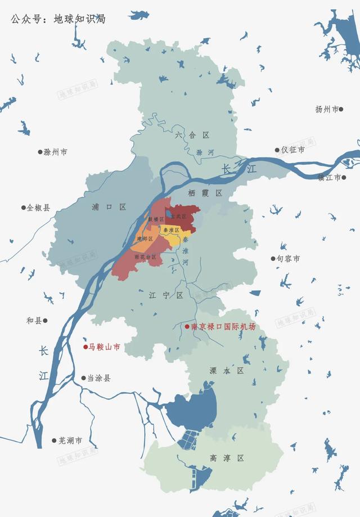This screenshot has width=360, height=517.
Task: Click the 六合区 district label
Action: point(192,135)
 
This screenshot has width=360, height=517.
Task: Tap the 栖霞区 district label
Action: point(205,193)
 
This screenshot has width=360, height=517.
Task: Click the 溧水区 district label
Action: point(226,371)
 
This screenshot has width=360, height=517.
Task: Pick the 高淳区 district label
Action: point(227,458)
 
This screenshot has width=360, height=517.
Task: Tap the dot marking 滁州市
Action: point(40,152)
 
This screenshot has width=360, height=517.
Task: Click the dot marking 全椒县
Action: point(23,207)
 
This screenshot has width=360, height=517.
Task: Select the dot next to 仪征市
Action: point(277,150)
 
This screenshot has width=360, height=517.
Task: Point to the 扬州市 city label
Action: point(327,109)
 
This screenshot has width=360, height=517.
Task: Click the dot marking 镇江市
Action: point(344,177)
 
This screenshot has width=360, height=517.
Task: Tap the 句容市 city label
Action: point(288,259)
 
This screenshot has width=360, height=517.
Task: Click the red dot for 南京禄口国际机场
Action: point(187,327)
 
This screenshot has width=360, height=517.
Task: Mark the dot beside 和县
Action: point(46,321)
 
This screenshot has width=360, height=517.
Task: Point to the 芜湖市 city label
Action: point(70,440)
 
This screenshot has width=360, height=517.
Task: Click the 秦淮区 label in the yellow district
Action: point(170,231)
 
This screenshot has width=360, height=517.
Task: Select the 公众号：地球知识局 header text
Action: point(58,19)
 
